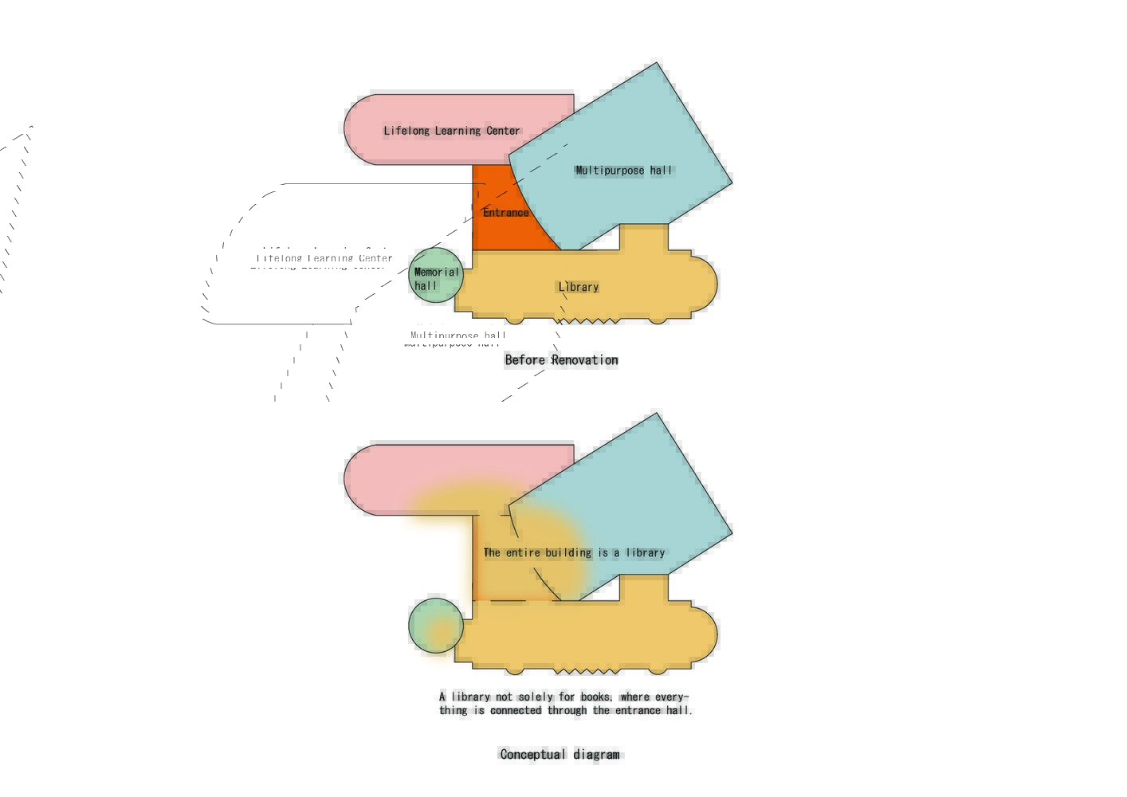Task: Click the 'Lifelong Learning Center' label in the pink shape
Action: click(451, 131)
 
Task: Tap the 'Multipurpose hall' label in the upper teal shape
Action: click(624, 170)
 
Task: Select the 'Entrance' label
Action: click(505, 213)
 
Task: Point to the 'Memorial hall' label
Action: click(436, 279)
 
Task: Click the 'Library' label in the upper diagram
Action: click(578, 287)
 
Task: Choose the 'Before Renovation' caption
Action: click(561, 360)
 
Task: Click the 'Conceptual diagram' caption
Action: click(560, 755)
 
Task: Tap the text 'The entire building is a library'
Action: click(574, 552)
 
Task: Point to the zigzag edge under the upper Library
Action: click(587, 321)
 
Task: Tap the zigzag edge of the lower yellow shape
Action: click(587, 671)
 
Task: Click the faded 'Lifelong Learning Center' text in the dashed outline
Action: click(324, 259)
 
